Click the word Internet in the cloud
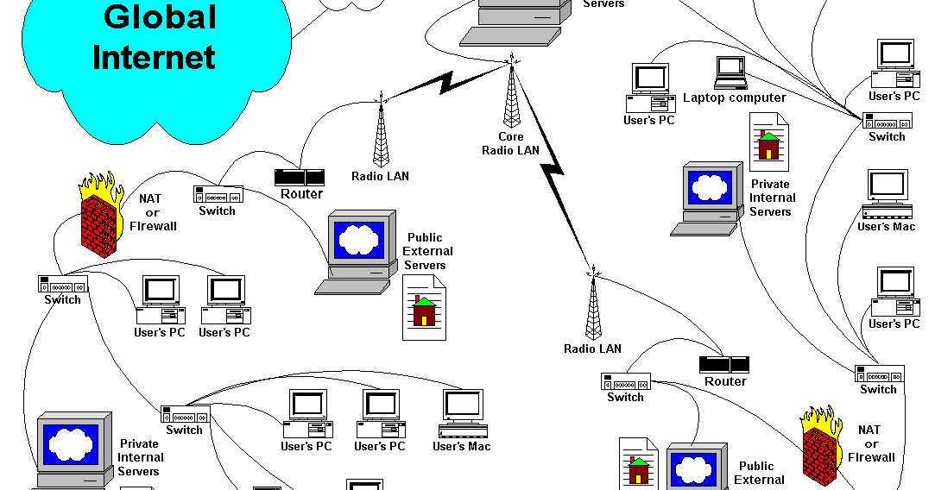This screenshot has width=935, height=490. (x=154, y=57)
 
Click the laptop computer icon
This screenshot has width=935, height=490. (x=730, y=72)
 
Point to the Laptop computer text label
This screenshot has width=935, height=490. (x=734, y=97)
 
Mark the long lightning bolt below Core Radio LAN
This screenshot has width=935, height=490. (x=558, y=190)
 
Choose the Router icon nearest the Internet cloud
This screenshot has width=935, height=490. (x=300, y=178)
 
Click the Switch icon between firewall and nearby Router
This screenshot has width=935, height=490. (x=218, y=194)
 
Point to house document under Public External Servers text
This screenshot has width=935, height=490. (x=424, y=308)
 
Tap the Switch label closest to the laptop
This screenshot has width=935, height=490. (x=887, y=136)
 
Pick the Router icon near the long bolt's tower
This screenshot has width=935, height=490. (x=724, y=365)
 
